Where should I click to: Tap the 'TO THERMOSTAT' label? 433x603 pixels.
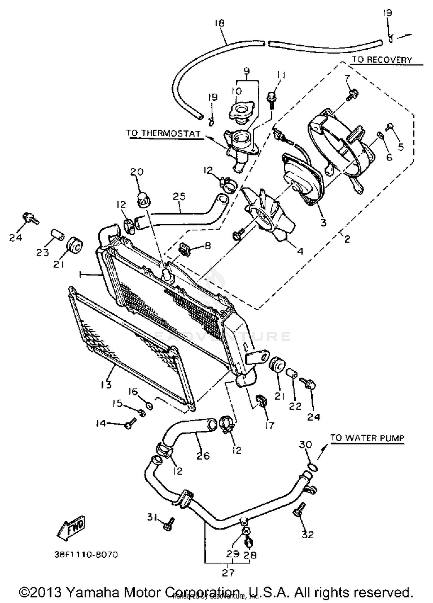[163, 133]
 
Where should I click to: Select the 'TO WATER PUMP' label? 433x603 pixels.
[367, 438]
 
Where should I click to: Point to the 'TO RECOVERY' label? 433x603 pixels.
[382, 60]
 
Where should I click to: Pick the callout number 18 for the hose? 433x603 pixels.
[220, 23]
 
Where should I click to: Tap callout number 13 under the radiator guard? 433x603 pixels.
[106, 384]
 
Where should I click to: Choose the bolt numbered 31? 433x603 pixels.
[169, 523]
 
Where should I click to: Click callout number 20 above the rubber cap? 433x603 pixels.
[137, 172]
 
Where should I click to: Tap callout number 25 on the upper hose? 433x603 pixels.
[179, 197]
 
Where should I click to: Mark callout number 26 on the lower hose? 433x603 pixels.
[203, 455]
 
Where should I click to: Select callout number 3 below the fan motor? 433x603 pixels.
[324, 222]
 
